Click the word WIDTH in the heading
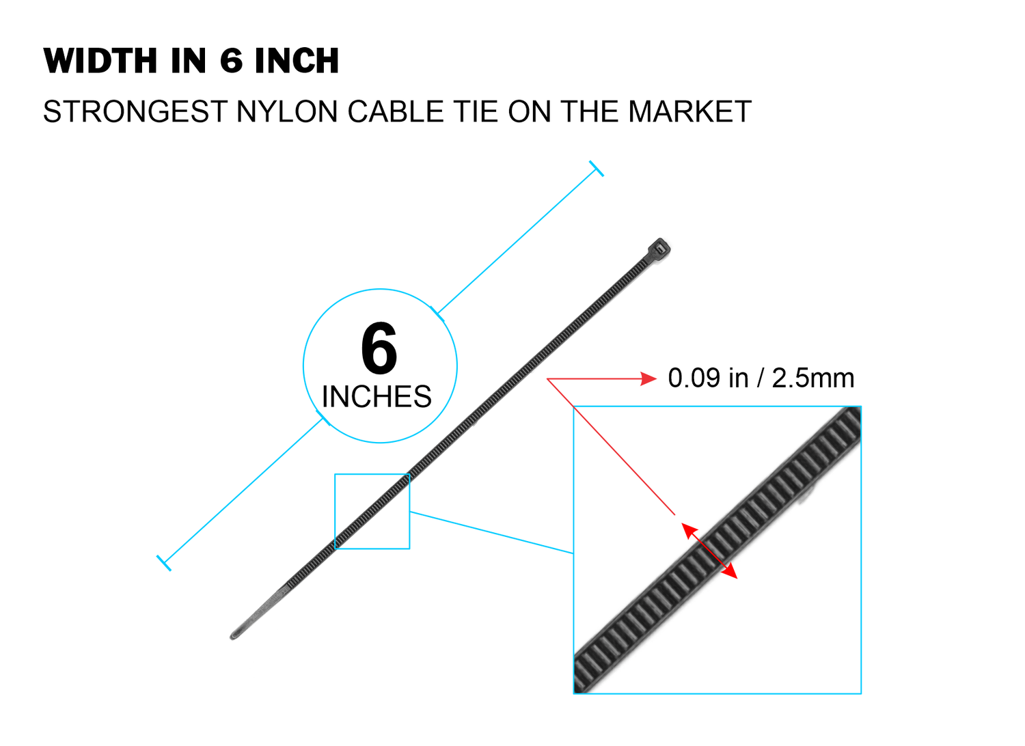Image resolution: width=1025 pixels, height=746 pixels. pos(100,61)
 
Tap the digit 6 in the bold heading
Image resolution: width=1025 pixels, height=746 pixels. pos(231,61)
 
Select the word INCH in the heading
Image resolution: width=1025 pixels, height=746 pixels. pos(297,61)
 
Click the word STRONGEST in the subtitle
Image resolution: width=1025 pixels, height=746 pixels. pos(135,111)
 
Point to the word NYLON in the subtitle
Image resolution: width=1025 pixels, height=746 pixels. pos(287,111)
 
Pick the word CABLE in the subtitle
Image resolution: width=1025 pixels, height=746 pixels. pos(396,111)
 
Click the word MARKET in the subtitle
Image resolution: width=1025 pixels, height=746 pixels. pos(689,111)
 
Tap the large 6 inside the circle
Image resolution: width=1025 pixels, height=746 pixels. pos(379,348)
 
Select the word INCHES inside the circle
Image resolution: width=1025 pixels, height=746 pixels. pos(377,396)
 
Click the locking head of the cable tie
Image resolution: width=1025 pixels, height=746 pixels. pos(659,250)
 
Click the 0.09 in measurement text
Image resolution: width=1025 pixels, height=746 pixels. pos(708,378)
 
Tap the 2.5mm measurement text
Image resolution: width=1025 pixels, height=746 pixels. pos(813,378)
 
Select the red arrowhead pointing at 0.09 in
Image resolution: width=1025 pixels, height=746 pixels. pos(648,379)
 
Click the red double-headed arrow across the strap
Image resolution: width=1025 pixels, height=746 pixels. pos(709,551)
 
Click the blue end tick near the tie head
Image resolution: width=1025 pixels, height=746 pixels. pos(597,169)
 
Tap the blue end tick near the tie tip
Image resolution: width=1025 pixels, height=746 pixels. pos(164,563)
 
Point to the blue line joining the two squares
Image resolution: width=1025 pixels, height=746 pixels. pos(492,532)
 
